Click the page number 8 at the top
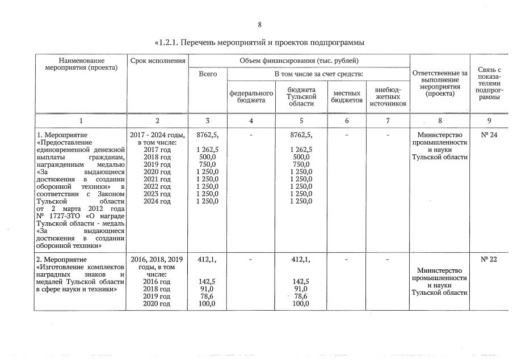[x=259, y=25]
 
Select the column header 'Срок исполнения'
[x=157, y=60]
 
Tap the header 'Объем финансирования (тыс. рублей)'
[x=299, y=60]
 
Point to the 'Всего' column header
[x=207, y=74]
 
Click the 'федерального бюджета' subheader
[x=251, y=96]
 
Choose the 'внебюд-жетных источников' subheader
[x=388, y=96]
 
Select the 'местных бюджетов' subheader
[x=347, y=96]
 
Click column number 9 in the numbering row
[x=489, y=121]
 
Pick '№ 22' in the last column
[x=489, y=260]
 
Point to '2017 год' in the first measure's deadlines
[x=157, y=150]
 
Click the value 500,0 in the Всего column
[x=207, y=157]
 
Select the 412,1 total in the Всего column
[x=207, y=260]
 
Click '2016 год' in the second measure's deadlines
[x=157, y=282]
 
